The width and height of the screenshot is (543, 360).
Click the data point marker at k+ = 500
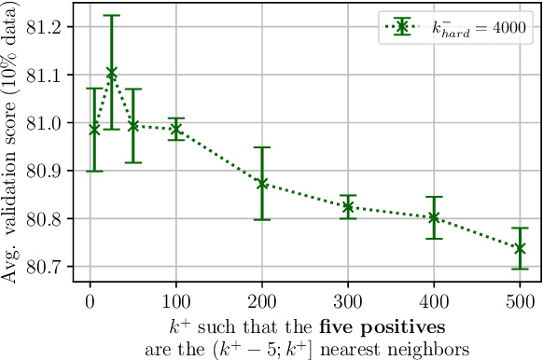(520, 248)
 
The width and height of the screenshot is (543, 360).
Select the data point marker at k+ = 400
(434, 217)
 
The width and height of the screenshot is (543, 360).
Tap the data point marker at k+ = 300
(348, 206)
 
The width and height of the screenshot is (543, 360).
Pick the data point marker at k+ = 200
(262, 184)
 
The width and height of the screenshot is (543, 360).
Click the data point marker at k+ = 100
(176, 130)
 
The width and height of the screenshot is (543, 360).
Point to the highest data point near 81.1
(112, 72)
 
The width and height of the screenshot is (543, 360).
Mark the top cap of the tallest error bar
(112, 16)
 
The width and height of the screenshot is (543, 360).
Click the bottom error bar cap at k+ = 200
(262, 219)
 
